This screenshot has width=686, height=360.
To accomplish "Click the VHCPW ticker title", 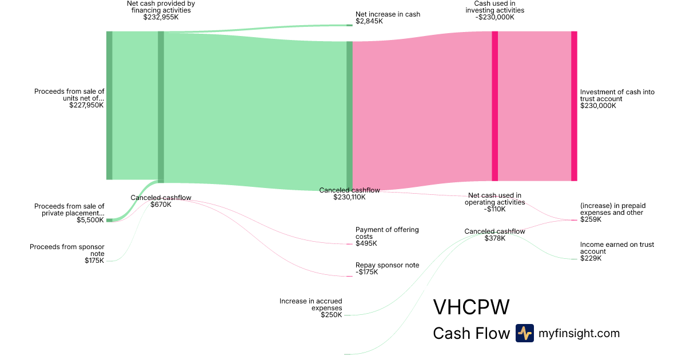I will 471,307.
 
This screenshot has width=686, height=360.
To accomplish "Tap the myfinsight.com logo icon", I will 524,333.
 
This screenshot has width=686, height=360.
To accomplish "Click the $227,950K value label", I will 86,105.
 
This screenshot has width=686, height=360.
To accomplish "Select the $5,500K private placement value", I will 90,220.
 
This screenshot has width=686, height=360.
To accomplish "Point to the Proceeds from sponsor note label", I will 67,250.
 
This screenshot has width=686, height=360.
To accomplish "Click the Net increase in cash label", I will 388,14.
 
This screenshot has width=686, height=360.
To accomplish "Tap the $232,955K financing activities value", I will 161,17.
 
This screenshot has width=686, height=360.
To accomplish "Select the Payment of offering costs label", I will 387,233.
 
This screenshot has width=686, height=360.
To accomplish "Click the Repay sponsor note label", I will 387,265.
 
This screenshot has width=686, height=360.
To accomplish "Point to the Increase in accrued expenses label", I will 310,304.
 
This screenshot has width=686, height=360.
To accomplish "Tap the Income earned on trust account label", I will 617,248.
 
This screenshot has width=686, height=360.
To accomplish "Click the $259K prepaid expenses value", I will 591,219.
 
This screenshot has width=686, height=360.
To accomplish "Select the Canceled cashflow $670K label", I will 161,198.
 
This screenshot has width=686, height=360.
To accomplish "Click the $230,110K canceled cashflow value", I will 349,197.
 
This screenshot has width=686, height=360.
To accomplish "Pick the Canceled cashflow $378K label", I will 494,231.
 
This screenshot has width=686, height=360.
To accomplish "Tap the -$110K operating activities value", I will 494,209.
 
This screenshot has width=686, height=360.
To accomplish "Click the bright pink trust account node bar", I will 574,106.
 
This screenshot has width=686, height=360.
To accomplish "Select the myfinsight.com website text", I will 579,333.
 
